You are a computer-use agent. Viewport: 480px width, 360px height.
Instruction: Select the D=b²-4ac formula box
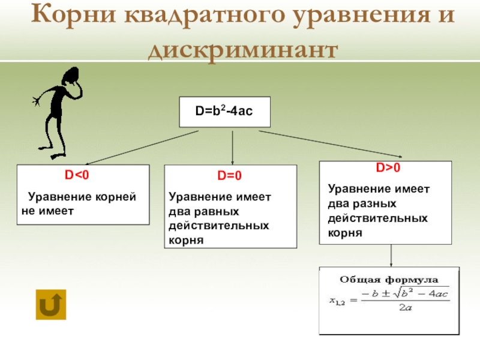(224, 112)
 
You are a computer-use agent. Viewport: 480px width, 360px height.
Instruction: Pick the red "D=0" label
(229, 176)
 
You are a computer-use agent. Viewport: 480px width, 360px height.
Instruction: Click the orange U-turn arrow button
(51, 304)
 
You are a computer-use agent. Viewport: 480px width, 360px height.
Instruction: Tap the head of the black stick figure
(71, 77)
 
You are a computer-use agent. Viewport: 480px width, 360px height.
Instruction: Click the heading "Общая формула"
(390, 280)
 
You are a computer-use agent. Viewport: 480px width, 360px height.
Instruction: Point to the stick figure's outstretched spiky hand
(37, 100)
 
